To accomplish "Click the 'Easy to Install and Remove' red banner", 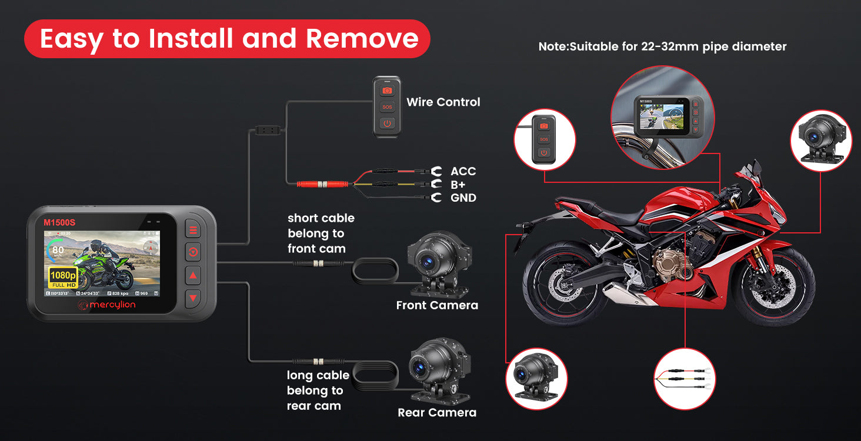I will [x=227, y=39].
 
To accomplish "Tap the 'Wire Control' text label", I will [x=443, y=102].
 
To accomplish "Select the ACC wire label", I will [x=463, y=171].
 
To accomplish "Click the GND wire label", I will [x=463, y=198].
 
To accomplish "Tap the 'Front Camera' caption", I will [x=436, y=305].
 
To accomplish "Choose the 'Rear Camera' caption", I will [x=436, y=413].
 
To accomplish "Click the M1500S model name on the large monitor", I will [x=59, y=222].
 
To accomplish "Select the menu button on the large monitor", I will [x=193, y=230].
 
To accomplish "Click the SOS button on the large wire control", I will [x=386, y=107].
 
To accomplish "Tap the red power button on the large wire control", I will [x=386, y=123].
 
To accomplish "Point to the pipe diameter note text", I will [x=662, y=46].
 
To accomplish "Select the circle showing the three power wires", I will [x=684, y=379].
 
